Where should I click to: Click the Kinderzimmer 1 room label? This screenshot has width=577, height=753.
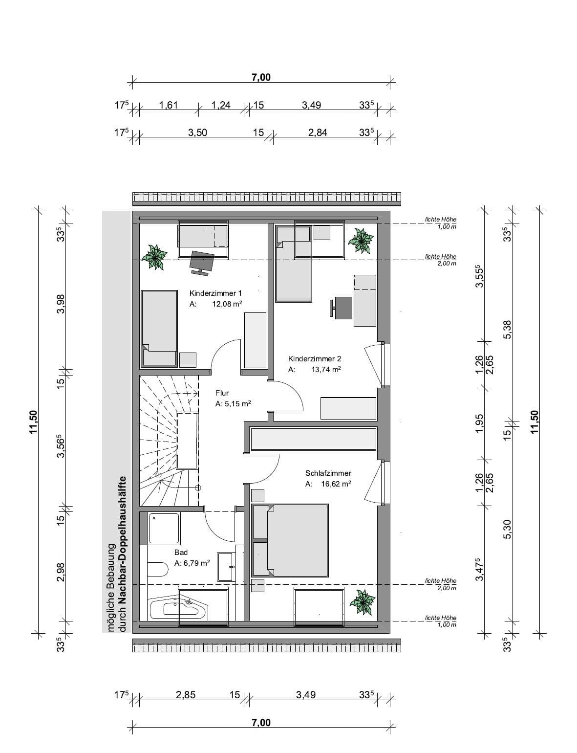tap(215, 293)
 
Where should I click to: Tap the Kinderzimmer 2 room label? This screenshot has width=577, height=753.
tap(315, 359)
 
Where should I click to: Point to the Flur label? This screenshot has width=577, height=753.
tap(222, 393)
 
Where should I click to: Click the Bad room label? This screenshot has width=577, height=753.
tap(181, 553)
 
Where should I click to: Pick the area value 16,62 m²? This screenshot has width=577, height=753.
tap(336, 484)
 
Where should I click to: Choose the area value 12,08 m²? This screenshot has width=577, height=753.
tap(227, 304)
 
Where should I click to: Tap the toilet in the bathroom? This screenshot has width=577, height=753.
tap(157, 569)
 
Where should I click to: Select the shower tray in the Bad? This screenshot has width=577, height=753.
tap(165, 529)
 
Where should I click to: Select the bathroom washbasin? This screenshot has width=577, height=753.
tap(225, 567)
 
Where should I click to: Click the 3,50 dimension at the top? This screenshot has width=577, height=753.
tap(197, 133)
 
